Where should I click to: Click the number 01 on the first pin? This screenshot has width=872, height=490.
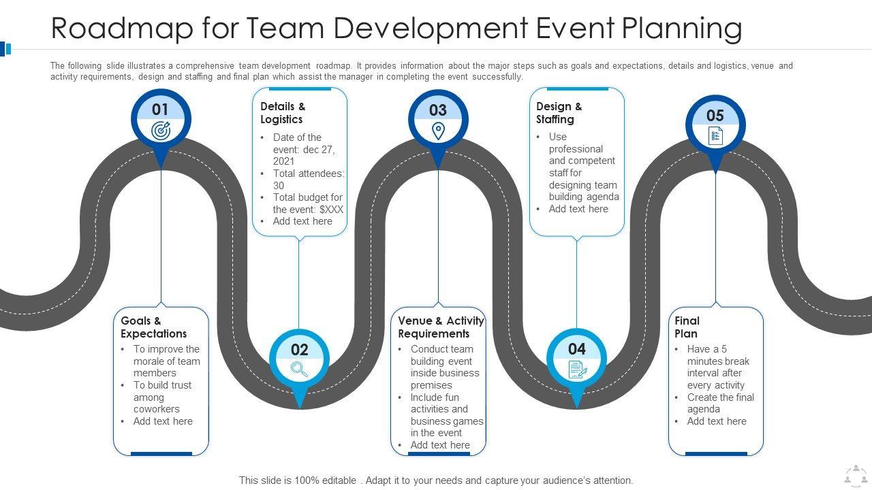160,110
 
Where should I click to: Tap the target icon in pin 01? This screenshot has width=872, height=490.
161,131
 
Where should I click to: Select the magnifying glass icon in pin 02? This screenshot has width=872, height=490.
299,369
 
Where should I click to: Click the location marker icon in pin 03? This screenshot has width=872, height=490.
438,131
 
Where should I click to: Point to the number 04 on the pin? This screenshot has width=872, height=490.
576,349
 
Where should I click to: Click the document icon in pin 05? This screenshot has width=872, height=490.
715,136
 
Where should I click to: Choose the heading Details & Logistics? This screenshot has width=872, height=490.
283,113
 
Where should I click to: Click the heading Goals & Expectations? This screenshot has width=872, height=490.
154,327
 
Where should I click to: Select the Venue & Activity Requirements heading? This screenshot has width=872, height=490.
441,327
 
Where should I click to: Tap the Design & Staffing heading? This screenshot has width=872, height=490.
559,113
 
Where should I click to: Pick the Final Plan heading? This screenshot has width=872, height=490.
687,327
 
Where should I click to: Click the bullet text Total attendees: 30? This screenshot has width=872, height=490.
308,180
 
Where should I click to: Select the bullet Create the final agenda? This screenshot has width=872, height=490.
720,403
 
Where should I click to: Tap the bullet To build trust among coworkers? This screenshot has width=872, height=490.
162,397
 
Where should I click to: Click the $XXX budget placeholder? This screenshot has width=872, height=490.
331,210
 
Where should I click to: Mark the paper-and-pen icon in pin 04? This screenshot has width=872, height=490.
577,370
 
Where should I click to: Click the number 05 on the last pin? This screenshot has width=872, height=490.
715,116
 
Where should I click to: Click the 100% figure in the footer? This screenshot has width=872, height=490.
307,480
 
